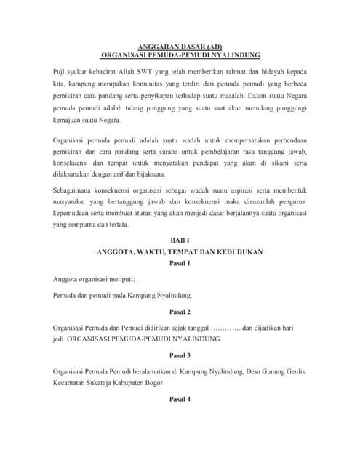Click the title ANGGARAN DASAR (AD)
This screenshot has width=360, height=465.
coord(180,45)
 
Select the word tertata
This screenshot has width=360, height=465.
coord(116,225)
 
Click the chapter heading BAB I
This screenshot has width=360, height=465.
coord(180,240)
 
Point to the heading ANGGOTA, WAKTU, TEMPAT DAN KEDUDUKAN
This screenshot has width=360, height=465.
coord(180,252)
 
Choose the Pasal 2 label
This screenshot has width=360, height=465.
coord(180,312)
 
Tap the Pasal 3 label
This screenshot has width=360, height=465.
coord(180,355)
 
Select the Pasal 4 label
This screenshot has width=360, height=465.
coord(180,399)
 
